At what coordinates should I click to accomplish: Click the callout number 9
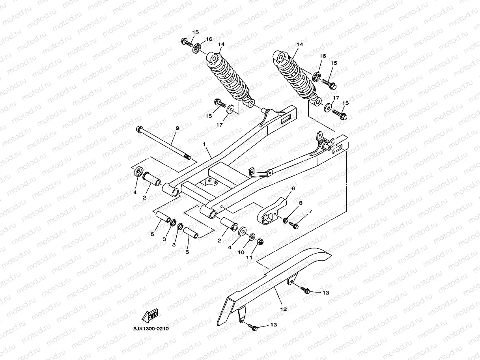177,128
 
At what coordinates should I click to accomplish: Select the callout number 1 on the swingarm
205,145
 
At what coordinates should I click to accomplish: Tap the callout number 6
293,188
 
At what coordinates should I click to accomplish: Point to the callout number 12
283,310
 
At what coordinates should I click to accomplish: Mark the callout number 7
310,212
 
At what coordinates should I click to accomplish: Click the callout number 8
301,203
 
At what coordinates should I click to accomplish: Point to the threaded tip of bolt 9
188,158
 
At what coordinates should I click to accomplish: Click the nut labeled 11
260,242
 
